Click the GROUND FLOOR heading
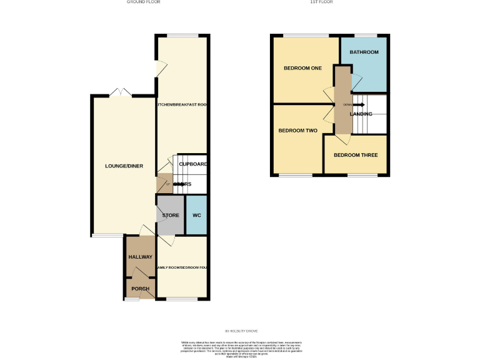coord(144,2)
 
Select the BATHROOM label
coord(364,52)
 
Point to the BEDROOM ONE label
coord(302,68)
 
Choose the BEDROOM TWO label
coord(297,131)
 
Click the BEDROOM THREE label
coord(355,155)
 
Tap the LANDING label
coord(361,114)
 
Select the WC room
coord(196,216)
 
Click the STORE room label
coord(171,216)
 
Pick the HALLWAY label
coord(140,257)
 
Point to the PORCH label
coord(139,289)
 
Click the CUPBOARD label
coord(193,164)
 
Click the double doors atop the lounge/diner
coord(120,94)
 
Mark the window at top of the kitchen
coord(182,36)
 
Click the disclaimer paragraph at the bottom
coord(240,349)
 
